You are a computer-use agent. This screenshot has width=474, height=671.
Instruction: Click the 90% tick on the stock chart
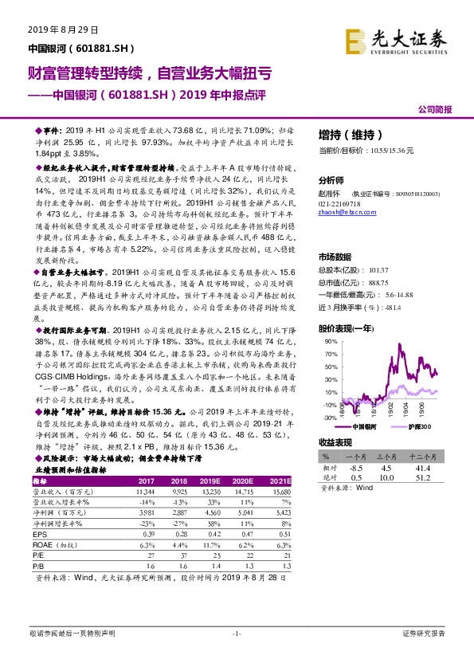[327, 341]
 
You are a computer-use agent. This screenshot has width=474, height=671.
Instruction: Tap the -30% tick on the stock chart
[327, 417]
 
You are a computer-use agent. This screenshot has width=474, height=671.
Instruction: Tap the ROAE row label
[55, 543]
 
